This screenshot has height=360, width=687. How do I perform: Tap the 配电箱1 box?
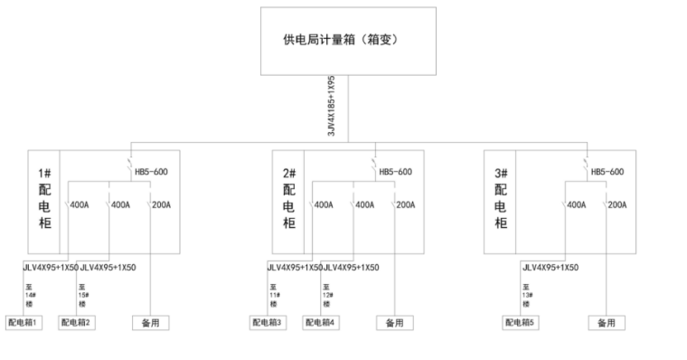(x=24, y=322)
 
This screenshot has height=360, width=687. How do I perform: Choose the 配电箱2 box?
(x=78, y=322)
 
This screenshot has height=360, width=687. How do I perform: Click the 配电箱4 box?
(x=321, y=322)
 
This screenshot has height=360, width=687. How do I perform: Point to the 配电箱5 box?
(x=522, y=322)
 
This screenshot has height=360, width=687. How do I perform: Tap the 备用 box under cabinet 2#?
(x=393, y=322)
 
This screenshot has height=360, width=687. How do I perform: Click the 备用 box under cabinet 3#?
(x=605, y=322)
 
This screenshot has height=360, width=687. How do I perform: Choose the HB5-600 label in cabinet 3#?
(x=607, y=172)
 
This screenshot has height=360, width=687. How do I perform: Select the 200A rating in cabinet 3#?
(x=617, y=205)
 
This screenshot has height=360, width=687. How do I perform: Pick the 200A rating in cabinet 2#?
(x=404, y=205)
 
